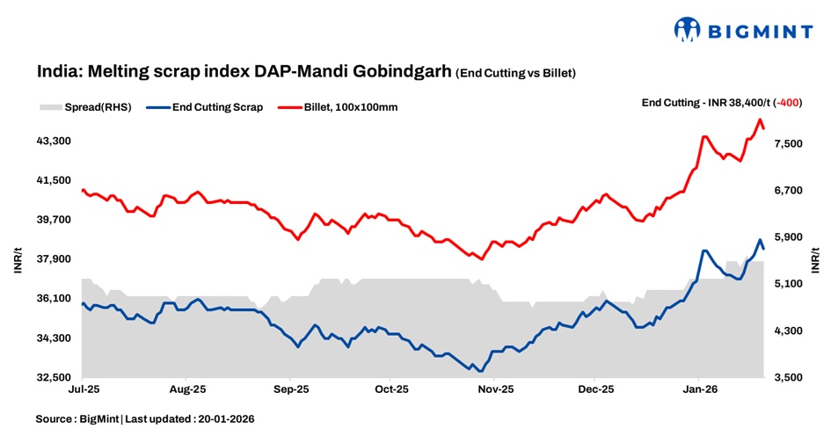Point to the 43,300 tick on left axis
pyautogui.click(x=53, y=141)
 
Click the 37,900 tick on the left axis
pyautogui.click(x=53, y=259)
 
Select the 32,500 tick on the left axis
pyautogui.click(x=53, y=378)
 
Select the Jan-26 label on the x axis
pyautogui.click(x=698, y=388)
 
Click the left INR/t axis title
pyautogui.click(x=18, y=259)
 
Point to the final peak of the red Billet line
pyautogui.click(x=760, y=120)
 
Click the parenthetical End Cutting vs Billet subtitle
pyautogui.click(x=515, y=73)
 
